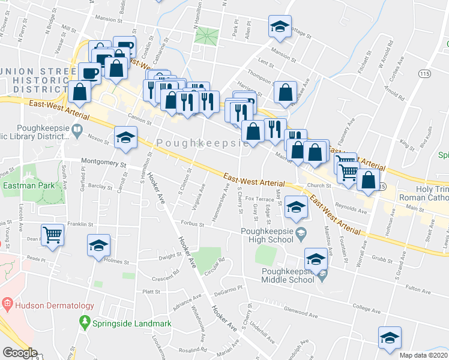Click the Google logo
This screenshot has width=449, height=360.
tap(20, 353)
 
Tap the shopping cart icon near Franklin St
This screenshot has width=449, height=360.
tap(53, 235)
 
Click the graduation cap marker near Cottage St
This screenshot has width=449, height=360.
tap(279, 26)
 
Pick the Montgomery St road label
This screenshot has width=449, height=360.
tap(106, 163)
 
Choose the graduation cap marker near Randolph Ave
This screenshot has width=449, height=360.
tap(390, 337)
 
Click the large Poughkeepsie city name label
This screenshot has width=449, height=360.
tap(202, 143)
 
